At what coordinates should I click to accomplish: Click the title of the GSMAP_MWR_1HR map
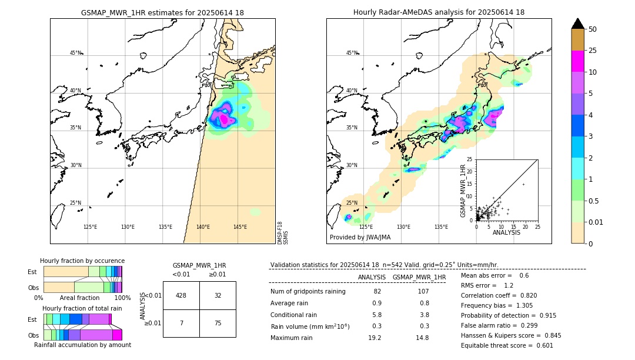coord(162,12)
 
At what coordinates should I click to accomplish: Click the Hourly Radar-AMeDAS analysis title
coord(439,12)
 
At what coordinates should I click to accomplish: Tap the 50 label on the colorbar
coord(593,29)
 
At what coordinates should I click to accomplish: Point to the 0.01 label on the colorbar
coord(596,222)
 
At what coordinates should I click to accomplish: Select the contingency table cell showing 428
coord(181,295)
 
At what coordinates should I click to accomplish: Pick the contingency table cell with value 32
coord(218,295)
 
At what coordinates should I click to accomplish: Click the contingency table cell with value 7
coord(181,323)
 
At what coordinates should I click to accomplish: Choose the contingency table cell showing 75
coord(218,323)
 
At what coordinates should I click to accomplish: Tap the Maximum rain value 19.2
coord(375,338)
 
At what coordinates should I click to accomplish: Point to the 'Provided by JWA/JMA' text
coord(360,238)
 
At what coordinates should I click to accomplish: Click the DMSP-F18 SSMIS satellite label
coord(282,232)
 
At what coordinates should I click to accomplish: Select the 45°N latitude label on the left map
coord(75,53)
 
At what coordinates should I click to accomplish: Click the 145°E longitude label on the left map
coord(240,227)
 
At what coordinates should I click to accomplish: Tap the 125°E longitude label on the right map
coord(366,227)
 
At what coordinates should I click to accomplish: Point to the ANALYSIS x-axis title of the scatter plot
coord(506,232)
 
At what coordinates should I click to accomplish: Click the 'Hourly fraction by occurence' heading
coord(82,261)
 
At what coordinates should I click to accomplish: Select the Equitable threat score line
coord(507,345)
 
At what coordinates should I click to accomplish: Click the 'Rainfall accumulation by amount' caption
coord(82,345)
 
